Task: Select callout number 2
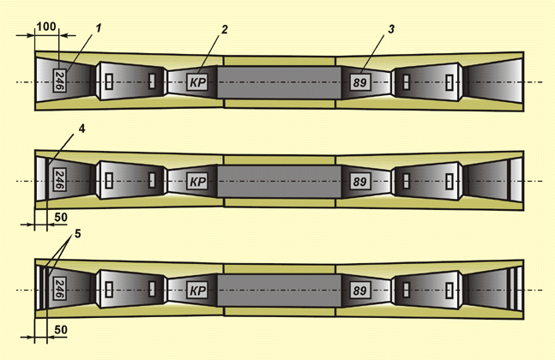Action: pos(224,29)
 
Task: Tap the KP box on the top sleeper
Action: pos(197,82)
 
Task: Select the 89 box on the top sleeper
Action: pos(360,82)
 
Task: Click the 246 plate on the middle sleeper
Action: pos(59,182)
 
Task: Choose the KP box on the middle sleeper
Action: pos(197,182)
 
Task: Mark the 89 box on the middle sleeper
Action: pos(360,182)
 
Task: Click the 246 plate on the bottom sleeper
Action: pos(59,287)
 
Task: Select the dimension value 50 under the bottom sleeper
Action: pos(60,330)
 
